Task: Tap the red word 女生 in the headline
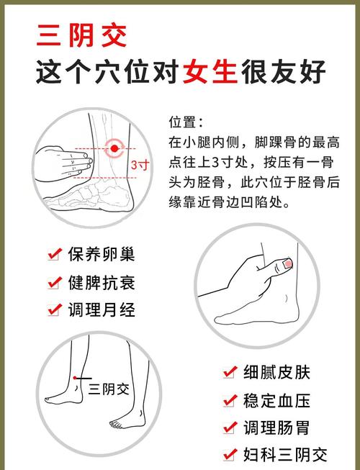pyautogui.click(x=212, y=72)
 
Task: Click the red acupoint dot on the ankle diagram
pyautogui.click(x=114, y=149)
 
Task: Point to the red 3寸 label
pyautogui.click(x=140, y=164)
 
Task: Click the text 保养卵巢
pyautogui.click(x=102, y=254)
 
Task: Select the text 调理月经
pyautogui.click(x=102, y=309)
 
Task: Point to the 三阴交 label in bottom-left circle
pyautogui.click(x=108, y=389)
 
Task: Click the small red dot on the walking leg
pyautogui.click(x=74, y=377)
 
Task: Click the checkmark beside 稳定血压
pyautogui.click(x=230, y=399)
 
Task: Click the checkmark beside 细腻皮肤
pyautogui.click(x=230, y=372)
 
